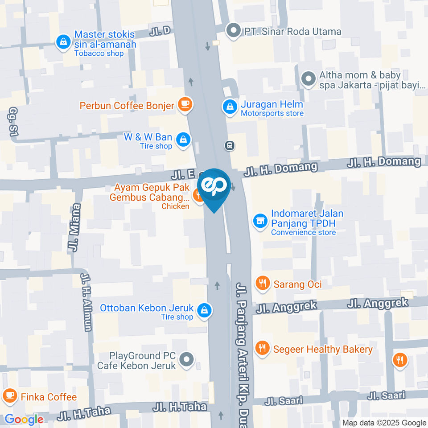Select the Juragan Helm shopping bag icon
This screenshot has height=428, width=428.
230,107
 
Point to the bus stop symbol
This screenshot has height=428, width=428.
230,145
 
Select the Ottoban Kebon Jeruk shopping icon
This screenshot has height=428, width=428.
204,311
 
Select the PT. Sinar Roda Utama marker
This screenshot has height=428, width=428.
232,31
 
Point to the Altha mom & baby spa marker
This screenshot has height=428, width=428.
308,79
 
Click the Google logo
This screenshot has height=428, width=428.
24,419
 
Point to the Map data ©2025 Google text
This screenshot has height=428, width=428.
384,423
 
